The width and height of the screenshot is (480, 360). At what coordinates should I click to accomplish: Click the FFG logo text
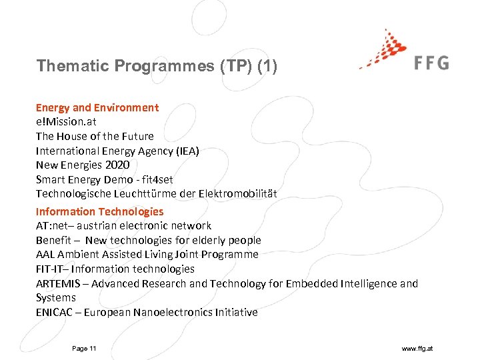click(x=431, y=63)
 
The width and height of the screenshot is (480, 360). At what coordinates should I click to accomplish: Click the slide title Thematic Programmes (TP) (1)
click(x=157, y=66)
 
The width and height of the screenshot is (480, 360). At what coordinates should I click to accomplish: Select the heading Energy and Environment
click(x=97, y=107)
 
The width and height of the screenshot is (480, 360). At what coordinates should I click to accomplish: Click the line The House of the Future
click(x=95, y=136)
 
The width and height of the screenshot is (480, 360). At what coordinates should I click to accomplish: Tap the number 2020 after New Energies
click(x=117, y=165)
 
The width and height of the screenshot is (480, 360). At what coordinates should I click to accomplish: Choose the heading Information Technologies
click(x=99, y=211)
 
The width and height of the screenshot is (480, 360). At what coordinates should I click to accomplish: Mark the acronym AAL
click(x=46, y=255)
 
